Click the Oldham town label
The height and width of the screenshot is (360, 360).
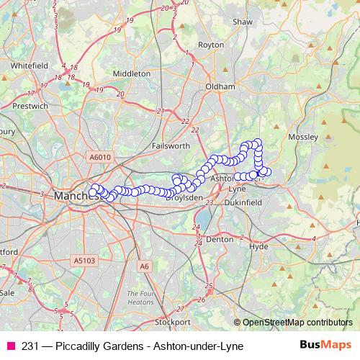point(220,86)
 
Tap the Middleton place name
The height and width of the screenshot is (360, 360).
point(132,73)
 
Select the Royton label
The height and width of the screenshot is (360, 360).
point(211,45)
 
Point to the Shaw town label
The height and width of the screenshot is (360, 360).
point(243,22)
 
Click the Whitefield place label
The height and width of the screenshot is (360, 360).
point(30,64)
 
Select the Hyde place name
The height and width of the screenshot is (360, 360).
point(258,246)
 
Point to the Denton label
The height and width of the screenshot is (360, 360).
point(220,239)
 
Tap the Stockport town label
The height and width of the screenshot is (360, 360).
point(172,321)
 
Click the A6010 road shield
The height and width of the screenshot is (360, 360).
point(102,157)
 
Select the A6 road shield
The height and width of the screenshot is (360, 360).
point(145,266)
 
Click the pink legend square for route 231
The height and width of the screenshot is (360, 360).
point(10,346)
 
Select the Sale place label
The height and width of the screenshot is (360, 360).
point(7,293)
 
